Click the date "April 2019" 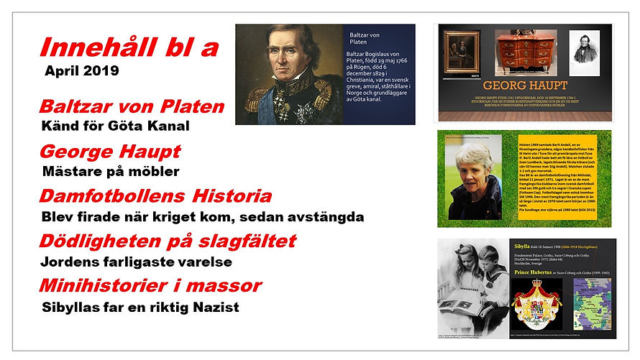pyautogui.click(x=81, y=72)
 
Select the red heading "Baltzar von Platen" pyautogui.click(x=132, y=108)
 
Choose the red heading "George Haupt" pyautogui.click(x=110, y=152)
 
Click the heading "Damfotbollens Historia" pyautogui.click(x=155, y=196)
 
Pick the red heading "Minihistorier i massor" pyautogui.click(x=150, y=286)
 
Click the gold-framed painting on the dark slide pyautogui.click(x=461, y=51)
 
